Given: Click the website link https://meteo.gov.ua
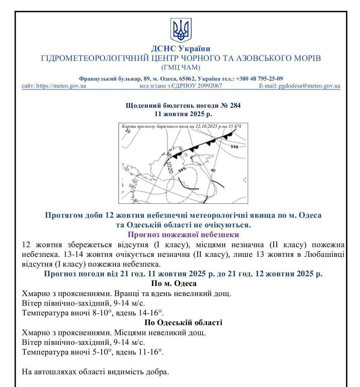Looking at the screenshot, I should pyautogui.click(x=61, y=86).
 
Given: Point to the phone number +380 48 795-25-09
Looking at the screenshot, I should pyautogui.click(x=260, y=79).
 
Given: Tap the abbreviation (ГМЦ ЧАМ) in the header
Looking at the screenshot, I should pyautogui.click(x=181, y=68).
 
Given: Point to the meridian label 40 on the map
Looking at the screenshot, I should pyautogui.click(x=213, y=171).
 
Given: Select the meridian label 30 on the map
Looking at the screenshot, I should pyautogui.click(x=169, y=155).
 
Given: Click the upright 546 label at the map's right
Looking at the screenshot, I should pyautogui.click(x=234, y=147).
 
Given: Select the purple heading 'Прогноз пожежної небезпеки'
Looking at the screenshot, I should pyautogui.click(x=184, y=234).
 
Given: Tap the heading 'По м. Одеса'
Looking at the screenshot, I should pyautogui.click(x=174, y=284).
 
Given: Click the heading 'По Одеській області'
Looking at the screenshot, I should pyautogui.click(x=183, y=323).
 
